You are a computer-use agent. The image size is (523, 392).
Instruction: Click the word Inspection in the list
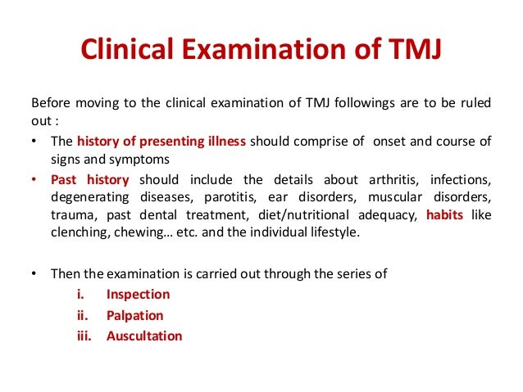click(x=138, y=295)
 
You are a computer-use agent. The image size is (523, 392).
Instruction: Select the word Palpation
click(x=134, y=315)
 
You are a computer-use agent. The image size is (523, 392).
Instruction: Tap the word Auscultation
click(x=144, y=336)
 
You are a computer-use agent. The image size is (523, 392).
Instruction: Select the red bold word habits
click(x=448, y=215)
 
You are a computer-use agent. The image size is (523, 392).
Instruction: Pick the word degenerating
click(x=88, y=197)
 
